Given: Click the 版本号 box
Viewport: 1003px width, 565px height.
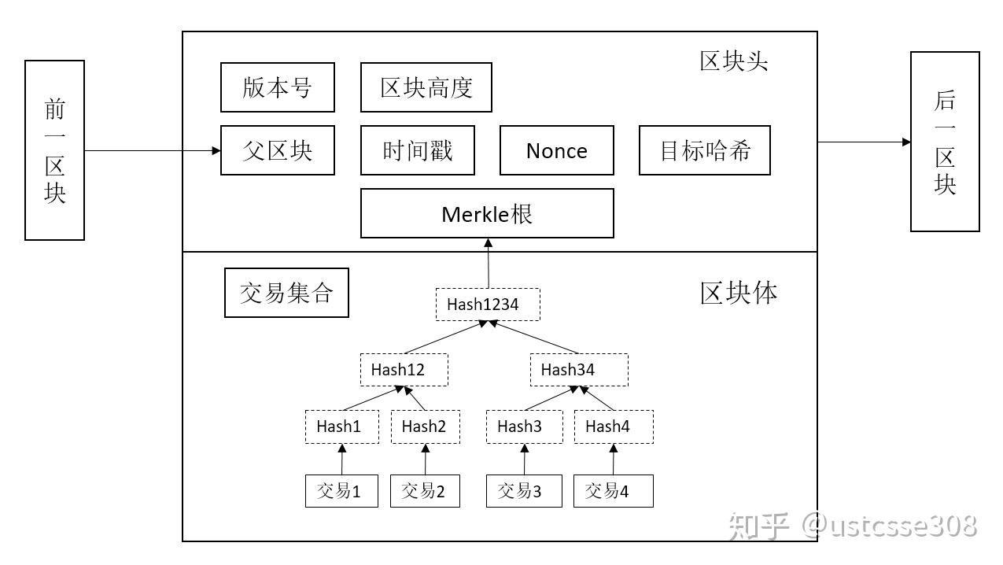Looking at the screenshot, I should (x=277, y=87).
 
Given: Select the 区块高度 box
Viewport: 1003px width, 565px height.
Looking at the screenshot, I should (x=426, y=87).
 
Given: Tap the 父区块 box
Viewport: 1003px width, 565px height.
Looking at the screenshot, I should (x=277, y=150).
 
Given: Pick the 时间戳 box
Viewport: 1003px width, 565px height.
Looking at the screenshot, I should (x=417, y=150).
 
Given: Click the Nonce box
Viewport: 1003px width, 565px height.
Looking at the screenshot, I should (x=556, y=150).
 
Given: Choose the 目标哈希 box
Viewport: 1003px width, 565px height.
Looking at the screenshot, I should (x=704, y=150).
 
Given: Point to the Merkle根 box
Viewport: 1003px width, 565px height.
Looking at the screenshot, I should (x=487, y=213).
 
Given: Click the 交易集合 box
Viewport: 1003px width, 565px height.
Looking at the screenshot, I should (x=286, y=293).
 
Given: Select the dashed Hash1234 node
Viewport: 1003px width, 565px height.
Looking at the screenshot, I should (x=488, y=305).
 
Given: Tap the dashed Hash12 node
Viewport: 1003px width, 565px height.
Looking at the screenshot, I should (x=404, y=370).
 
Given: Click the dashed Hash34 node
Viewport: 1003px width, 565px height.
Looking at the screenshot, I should (x=578, y=370).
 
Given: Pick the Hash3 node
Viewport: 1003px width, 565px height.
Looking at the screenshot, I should (x=524, y=427).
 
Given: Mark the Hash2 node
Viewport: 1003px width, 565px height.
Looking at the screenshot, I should (x=425, y=427).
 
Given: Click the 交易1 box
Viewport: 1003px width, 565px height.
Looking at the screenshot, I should (x=341, y=491).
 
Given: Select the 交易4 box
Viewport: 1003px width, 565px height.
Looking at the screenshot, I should (x=613, y=491).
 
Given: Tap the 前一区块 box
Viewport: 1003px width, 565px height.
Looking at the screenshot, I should (x=54, y=150).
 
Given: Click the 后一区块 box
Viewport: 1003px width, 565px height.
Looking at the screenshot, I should (x=945, y=142).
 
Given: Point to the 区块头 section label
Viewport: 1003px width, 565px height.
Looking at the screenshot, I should (x=733, y=61).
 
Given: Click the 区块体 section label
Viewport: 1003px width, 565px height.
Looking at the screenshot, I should (x=739, y=293).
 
